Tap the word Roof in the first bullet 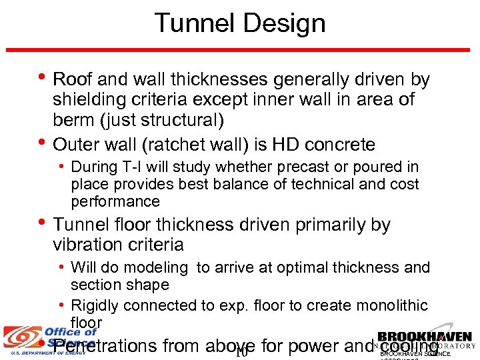(x=73, y=80)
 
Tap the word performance (x=115, y=201)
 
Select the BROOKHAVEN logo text (x=425, y=337)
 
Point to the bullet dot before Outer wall (x=41, y=143)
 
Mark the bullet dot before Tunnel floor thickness (x=41, y=223)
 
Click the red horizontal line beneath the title (x=240, y=50)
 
